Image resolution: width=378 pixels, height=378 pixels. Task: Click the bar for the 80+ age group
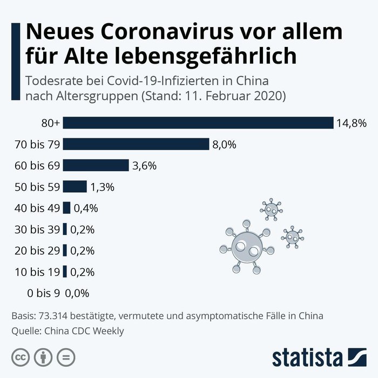198,123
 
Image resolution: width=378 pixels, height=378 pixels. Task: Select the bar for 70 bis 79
136,144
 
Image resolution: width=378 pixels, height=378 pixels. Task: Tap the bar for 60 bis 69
96,165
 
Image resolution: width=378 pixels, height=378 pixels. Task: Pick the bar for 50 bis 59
75,187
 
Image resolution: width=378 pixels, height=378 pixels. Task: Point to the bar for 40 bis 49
67,208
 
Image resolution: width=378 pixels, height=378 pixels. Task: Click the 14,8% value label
351,124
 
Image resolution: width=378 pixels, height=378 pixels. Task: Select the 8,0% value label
224,145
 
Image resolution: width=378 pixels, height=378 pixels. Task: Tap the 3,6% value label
144,166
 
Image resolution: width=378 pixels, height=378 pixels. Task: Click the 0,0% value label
77,293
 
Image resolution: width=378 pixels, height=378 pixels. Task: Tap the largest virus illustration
244,247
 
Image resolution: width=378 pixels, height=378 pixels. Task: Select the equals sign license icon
66,357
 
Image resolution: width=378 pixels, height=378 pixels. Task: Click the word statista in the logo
307,357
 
